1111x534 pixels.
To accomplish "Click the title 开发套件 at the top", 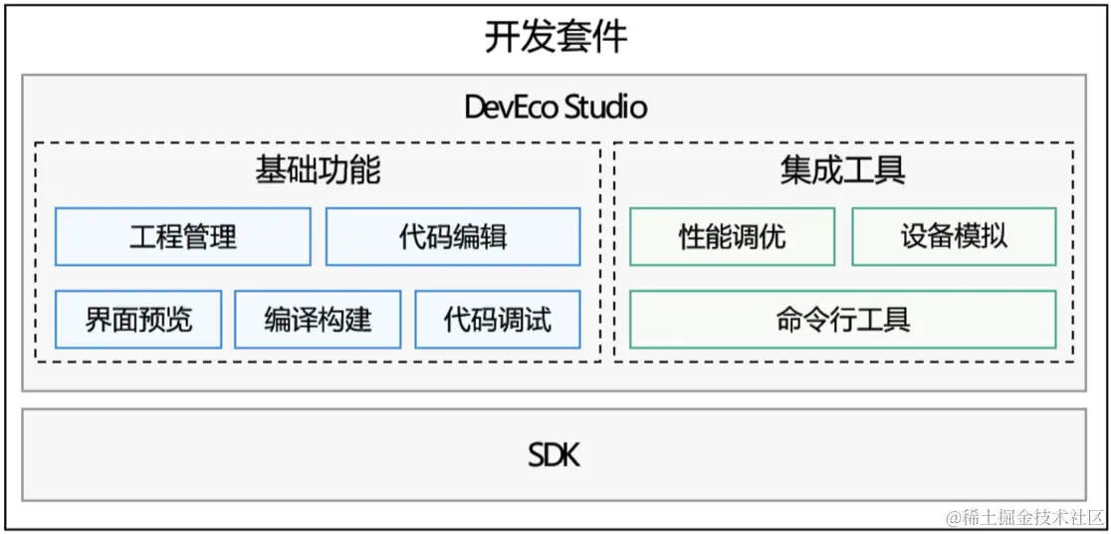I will pyautogui.click(x=555, y=38).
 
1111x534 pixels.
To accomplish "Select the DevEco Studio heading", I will pyautogui.click(x=555, y=107).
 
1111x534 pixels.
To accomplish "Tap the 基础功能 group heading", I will pyautogui.click(x=318, y=170).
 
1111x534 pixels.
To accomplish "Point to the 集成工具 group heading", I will pyautogui.click(x=842, y=170).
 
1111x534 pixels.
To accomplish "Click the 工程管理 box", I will pyautogui.click(x=183, y=237).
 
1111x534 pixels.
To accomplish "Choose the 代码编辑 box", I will pyautogui.click(x=453, y=237).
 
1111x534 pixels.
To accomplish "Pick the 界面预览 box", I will pyautogui.click(x=138, y=320).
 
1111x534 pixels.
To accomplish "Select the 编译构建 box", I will pyautogui.click(x=318, y=320).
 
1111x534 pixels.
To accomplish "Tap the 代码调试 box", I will pyautogui.click(x=497, y=320).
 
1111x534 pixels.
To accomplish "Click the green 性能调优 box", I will pyautogui.click(x=733, y=237).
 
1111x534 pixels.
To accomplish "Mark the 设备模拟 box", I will pyautogui.click(x=954, y=237).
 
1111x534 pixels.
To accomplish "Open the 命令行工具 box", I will pyautogui.click(x=842, y=320).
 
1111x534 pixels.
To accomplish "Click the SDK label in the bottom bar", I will pyautogui.click(x=554, y=455).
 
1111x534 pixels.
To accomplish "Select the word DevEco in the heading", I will pyautogui.click(x=512, y=107).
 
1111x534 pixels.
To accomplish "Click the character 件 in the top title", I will pyautogui.click(x=610, y=38).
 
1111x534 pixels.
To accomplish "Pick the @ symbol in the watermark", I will pyautogui.click(x=953, y=518).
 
